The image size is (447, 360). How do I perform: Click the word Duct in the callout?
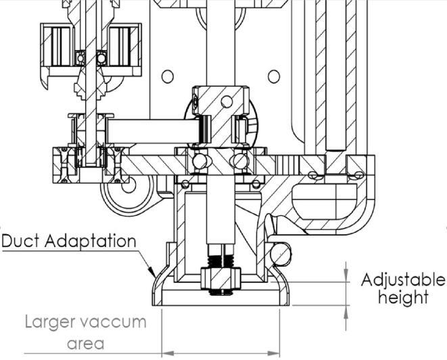tap(20, 240)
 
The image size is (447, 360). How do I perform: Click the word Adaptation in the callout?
tap(91, 240)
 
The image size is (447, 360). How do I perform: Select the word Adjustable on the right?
tap(402, 280)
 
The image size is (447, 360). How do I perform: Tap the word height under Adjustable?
tap(403, 297)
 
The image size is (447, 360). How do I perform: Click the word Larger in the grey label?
tap(50, 322)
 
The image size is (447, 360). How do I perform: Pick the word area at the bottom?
tap(85, 344)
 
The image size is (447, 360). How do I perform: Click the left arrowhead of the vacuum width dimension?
tap(168, 353)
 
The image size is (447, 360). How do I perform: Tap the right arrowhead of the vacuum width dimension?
tap(274, 353)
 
